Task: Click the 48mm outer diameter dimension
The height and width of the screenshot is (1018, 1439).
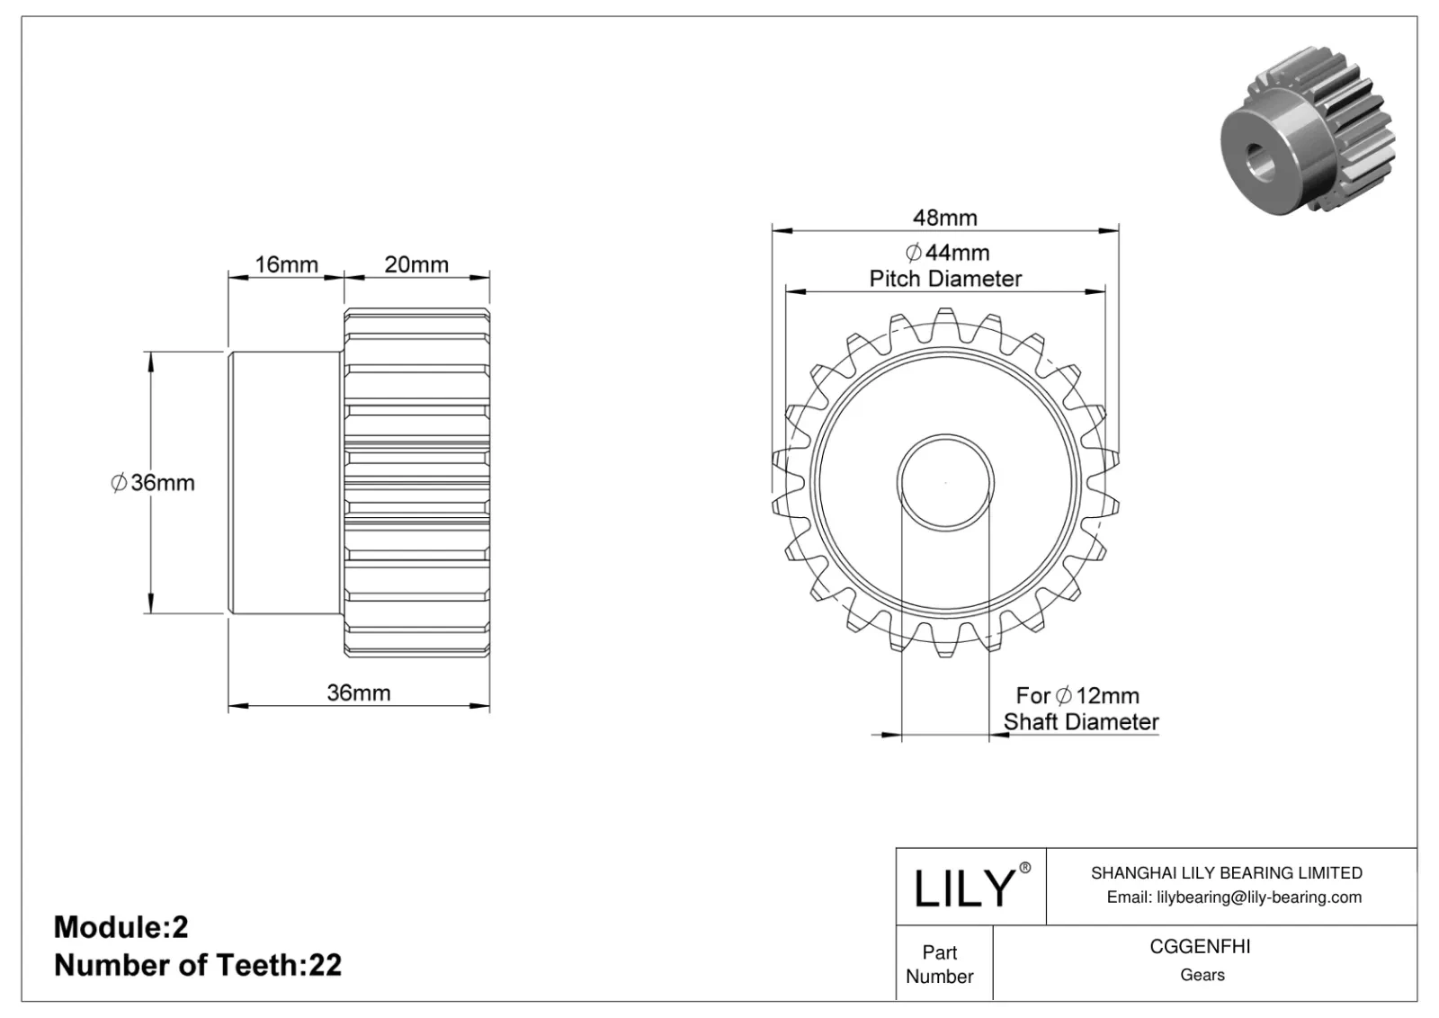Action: (x=944, y=218)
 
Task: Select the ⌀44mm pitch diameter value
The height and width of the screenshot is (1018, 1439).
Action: (x=947, y=253)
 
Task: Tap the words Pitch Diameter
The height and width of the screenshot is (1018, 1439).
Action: (x=945, y=279)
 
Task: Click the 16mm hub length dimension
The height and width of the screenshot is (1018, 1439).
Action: (x=286, y=264)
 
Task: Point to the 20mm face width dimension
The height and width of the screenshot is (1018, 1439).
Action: (x=416, y=264)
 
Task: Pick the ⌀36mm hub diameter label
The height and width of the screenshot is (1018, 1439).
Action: (x=153, y=483)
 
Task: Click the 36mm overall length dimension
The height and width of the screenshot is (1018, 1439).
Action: (x=358, y=692)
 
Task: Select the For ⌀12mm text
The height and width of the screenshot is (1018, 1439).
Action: (x=1077, y=695)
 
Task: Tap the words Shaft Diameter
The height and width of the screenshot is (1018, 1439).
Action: (x=1081, y=721)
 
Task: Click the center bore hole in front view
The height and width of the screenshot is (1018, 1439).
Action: (x=945, y=483)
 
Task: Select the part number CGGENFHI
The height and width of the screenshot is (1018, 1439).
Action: (x=1202, y=947)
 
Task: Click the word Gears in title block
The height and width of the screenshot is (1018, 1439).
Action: (x=1202, y=975)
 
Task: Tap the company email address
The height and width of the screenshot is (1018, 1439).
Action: (x=1233, y=897)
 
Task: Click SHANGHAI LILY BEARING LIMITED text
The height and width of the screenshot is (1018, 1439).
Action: (x=1226, y=872)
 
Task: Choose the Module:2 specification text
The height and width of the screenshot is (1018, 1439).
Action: (x=121, y=927)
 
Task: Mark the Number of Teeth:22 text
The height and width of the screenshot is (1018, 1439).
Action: (x=198, y=965)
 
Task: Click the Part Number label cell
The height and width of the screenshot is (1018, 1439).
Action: (x=940, y=964)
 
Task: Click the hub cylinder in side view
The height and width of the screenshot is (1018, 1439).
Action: (x=283, y=483)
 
